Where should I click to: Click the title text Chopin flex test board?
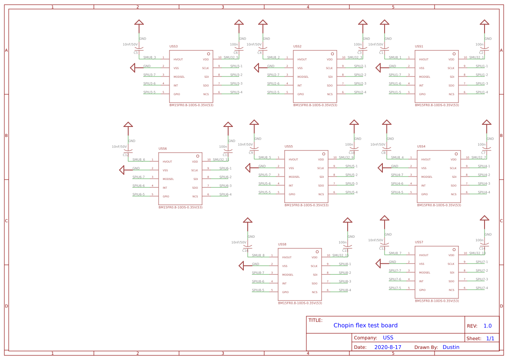[365, 325]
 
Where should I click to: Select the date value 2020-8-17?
[388, 347]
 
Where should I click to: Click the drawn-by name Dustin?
[451, 347]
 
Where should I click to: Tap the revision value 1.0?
[487, 326]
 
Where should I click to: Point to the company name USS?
[388, 338]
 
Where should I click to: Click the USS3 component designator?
[173, 46]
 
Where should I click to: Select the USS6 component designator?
[163, 149]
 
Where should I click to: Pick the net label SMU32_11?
[221, 160]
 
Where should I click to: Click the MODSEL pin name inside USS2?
[303, 77]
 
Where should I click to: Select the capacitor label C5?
[136, 53]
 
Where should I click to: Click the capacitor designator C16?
[246, 250]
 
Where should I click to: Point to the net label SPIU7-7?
[395, 270]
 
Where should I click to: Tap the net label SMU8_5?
[265, 157]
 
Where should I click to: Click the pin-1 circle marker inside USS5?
[324, 153]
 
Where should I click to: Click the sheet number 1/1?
[490, 338]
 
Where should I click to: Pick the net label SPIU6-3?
[225, 186]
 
